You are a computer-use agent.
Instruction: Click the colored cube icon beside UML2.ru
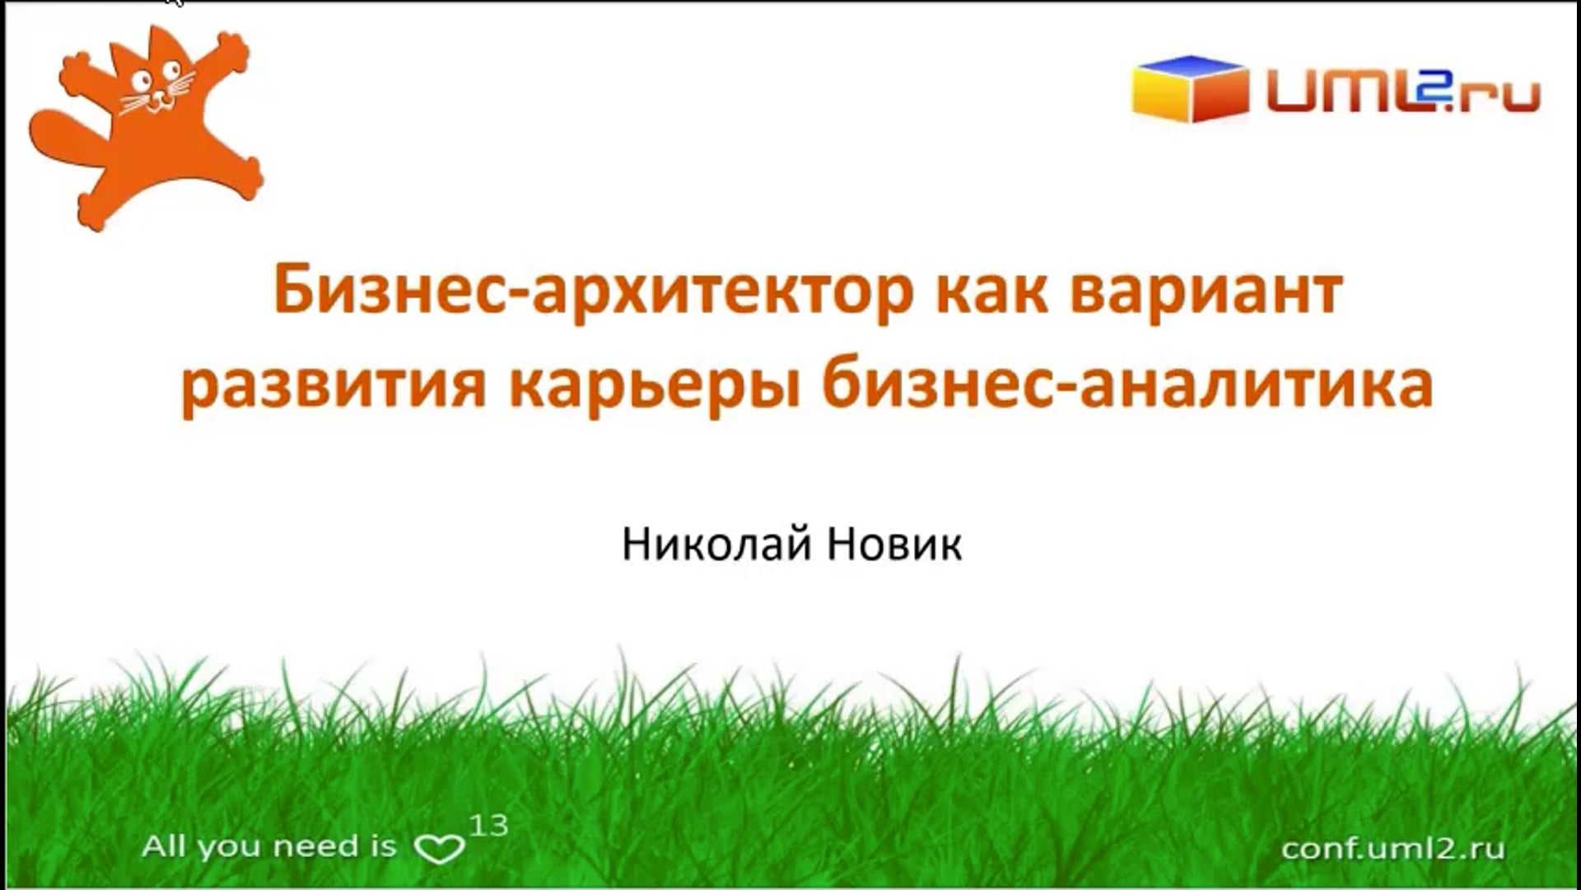[1190, 89]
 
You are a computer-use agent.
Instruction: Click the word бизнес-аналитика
[1128, 384]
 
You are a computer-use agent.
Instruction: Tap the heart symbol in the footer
[439, 849]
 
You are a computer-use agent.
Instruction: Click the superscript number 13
[489, 825]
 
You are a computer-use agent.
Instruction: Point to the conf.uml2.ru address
[1393, 848]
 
